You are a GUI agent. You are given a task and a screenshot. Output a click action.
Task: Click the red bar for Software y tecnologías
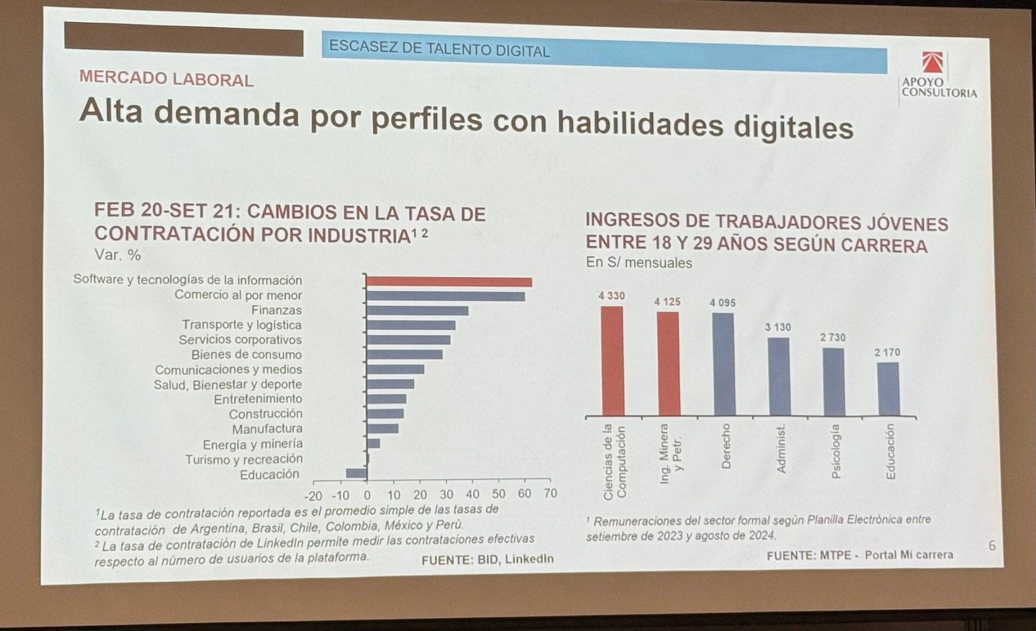(x=449, y=282)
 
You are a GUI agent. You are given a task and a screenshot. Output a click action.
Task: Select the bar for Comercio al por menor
(x=445, y=296)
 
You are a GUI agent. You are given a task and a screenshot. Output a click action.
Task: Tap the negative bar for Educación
(x=356, y=473)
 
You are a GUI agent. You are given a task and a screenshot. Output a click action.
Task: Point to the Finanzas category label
(x=276, y=310)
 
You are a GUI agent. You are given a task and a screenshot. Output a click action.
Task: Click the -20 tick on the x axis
(x=313, y=495)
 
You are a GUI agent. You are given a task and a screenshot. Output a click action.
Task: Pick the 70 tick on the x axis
(x=550, y=493)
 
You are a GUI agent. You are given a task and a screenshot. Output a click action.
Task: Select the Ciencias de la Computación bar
(x=612, y=360)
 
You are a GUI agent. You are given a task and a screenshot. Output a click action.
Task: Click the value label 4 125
(x=667, y=302)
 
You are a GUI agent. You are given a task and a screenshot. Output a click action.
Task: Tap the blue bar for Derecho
(x=723, y=364)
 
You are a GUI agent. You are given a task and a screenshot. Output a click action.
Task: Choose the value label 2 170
(x=887, y=352)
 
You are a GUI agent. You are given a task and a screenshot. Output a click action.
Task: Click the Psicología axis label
(x=835, y=451)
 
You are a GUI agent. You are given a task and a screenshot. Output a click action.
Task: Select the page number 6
(x=992, y=546)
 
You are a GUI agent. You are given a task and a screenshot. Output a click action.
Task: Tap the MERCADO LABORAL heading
(x=166, y=78)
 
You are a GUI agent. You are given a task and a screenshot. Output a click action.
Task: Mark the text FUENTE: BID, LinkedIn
(x=487, y=559)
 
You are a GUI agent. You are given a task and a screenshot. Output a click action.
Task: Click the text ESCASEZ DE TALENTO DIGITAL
(x=440, y=49)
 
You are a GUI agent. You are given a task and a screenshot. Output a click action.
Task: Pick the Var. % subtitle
(x=118, y=255)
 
